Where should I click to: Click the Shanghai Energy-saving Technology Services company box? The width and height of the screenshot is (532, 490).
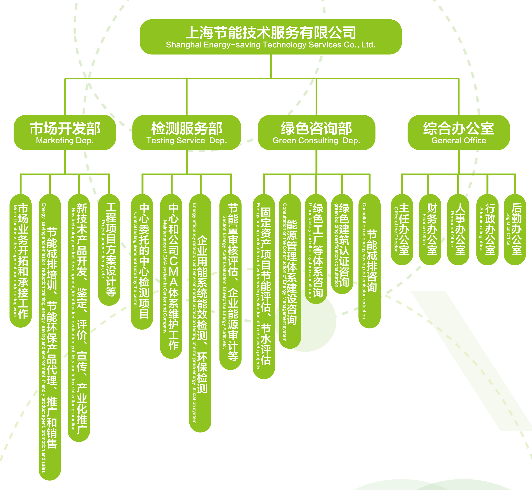click(x=270, y=37)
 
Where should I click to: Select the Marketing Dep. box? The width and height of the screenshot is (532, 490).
click(x=65, y=132)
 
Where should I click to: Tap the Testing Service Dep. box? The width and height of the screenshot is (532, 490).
click(x=187, y=132)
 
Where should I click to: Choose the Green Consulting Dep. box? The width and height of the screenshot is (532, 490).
click(x=316, y=132)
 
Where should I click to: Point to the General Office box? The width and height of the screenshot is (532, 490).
click(x=459, y=132)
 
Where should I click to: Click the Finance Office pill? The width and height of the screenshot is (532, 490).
click(x=430, y=229)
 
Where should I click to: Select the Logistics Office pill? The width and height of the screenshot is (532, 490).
click(x=515, y=229)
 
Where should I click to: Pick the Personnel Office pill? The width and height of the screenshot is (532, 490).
click(x=458, y=229)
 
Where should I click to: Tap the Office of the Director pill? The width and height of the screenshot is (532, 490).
click(x=402, y=229)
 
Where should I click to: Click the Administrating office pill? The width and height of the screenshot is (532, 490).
click(x=487, y=229)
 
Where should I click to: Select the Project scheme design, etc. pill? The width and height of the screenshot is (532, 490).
click(x=109, y=249)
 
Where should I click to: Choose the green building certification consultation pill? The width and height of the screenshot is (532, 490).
click(x=342, y=244)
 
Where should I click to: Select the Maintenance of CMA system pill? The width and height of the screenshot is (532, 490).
click(x=171, y=276)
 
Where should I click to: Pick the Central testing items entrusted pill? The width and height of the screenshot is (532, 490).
click(x=142, y=261)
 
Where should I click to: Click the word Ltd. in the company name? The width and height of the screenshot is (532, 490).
click(x=368, y=45)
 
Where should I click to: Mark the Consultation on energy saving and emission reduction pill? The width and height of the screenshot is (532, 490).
click(x=369, y=261)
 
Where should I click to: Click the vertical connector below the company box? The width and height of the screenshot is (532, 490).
click(x=271, y=66)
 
